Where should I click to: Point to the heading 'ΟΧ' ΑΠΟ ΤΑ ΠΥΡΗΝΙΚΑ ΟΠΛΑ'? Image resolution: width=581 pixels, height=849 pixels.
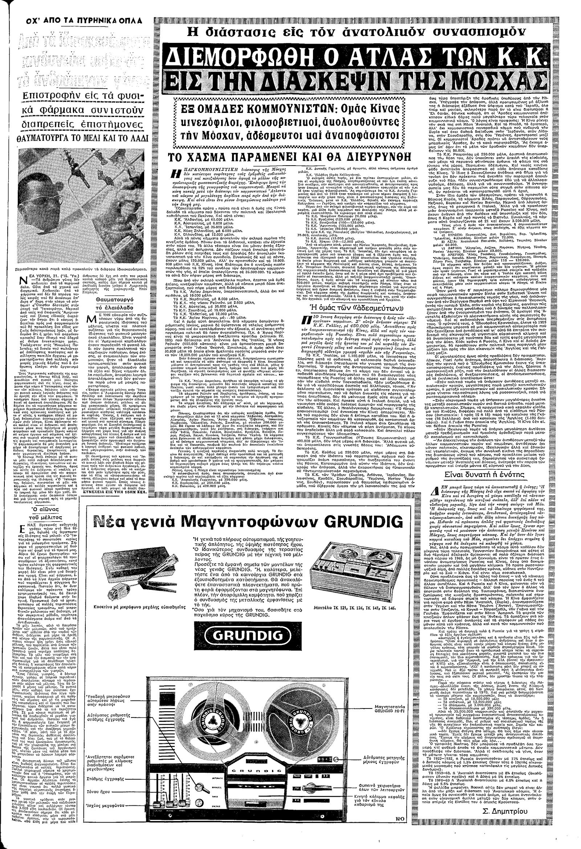click(x=74, y=21)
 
